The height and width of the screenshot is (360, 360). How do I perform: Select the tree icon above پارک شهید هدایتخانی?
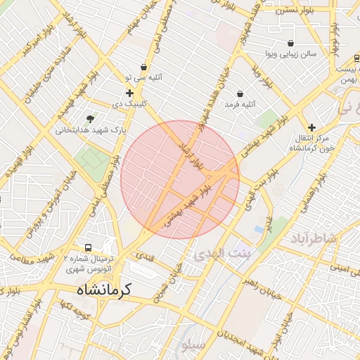(90, 119)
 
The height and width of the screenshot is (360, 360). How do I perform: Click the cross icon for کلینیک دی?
(129, 93)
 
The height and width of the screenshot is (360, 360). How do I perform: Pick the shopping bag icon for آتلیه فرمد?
(240, 94)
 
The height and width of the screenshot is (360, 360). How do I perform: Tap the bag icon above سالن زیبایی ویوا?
(290, 43)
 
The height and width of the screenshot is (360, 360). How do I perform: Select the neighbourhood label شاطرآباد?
(314, 240)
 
